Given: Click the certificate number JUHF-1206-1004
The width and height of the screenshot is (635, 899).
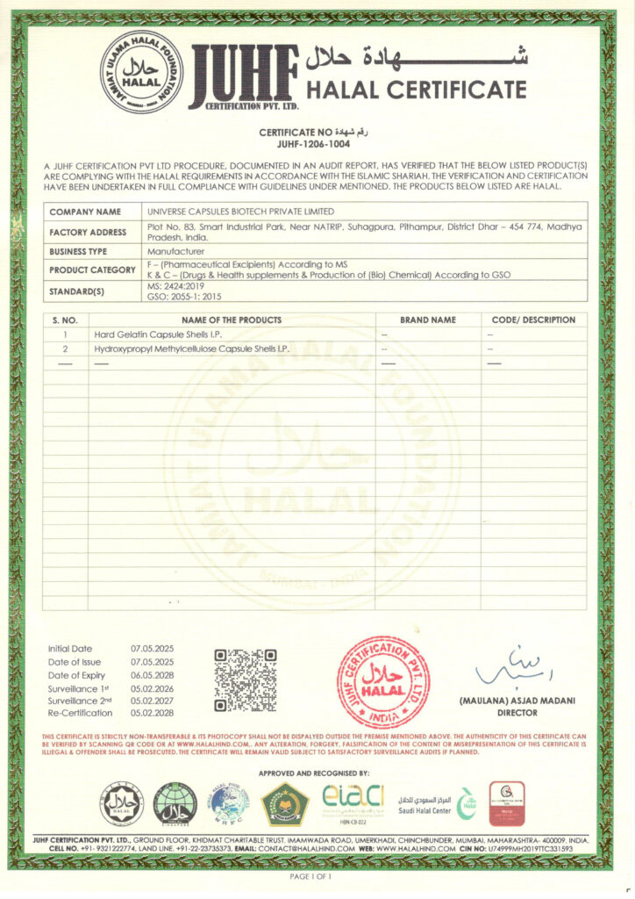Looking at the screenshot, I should (318, 144).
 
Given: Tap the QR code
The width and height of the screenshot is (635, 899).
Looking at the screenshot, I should (246, 680).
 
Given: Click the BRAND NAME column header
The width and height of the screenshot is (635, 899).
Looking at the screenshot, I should (428, 320).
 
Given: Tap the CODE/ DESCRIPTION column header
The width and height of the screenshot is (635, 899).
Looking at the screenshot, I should (533, 320).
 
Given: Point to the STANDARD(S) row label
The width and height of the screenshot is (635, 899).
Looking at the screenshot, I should (77, 291).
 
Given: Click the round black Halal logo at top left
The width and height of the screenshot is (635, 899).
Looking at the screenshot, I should (142, 73).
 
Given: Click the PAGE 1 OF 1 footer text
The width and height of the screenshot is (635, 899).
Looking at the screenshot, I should (310, 876).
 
